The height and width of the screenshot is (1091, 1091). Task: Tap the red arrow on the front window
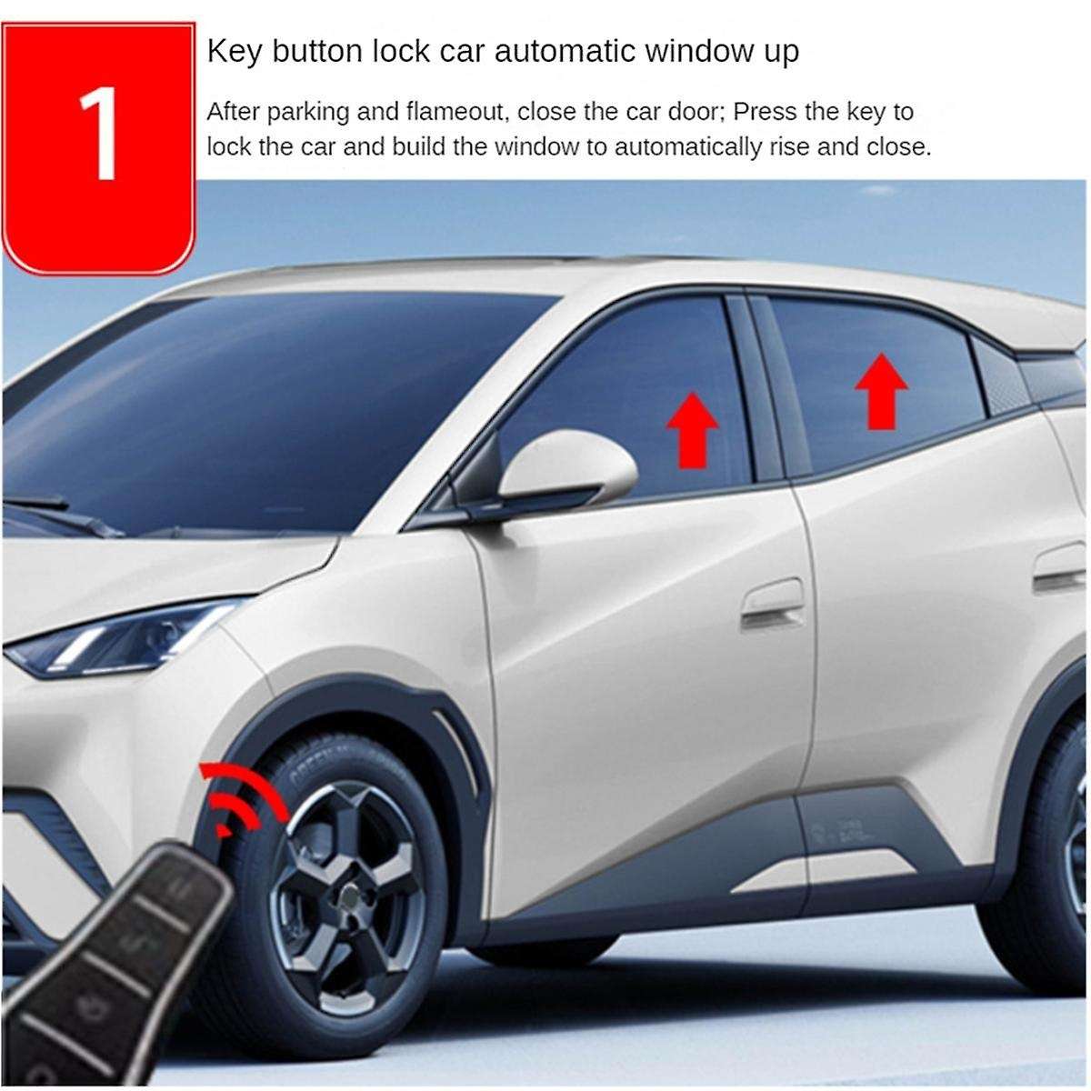pyautogui.click(x=694, y=428)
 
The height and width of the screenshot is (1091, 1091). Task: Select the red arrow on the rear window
pyautogui.click(x=881, y=391)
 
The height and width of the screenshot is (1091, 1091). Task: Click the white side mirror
pyautogui.click(x=567, y=467)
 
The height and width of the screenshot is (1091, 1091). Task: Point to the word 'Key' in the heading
pyautogui.click(x=231, y=51)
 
